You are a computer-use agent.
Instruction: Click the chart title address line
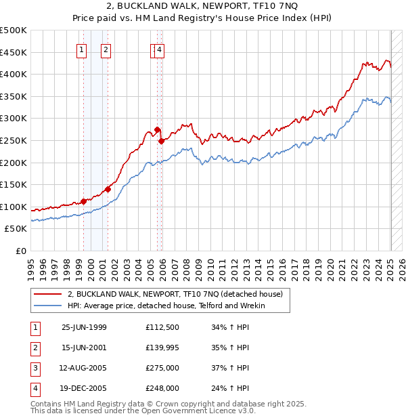coord(203,7)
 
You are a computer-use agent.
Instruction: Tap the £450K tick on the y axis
coord(14,52)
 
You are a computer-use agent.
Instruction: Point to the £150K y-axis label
coord(14,184)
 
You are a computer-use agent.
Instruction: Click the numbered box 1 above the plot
coord(82,49)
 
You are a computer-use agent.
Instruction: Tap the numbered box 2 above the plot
coord(106,49)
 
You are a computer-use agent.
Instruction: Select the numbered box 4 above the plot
coord(159,49)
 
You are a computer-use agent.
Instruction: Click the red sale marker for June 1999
coord(84,201)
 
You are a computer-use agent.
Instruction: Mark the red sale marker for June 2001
coord(108,189)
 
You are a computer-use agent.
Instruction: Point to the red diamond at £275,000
coord(157,129)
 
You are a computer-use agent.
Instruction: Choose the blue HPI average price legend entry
coord(166,306)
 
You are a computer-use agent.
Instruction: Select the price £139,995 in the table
coord(162,348)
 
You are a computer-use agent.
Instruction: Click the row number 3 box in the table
coord(34,369)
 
